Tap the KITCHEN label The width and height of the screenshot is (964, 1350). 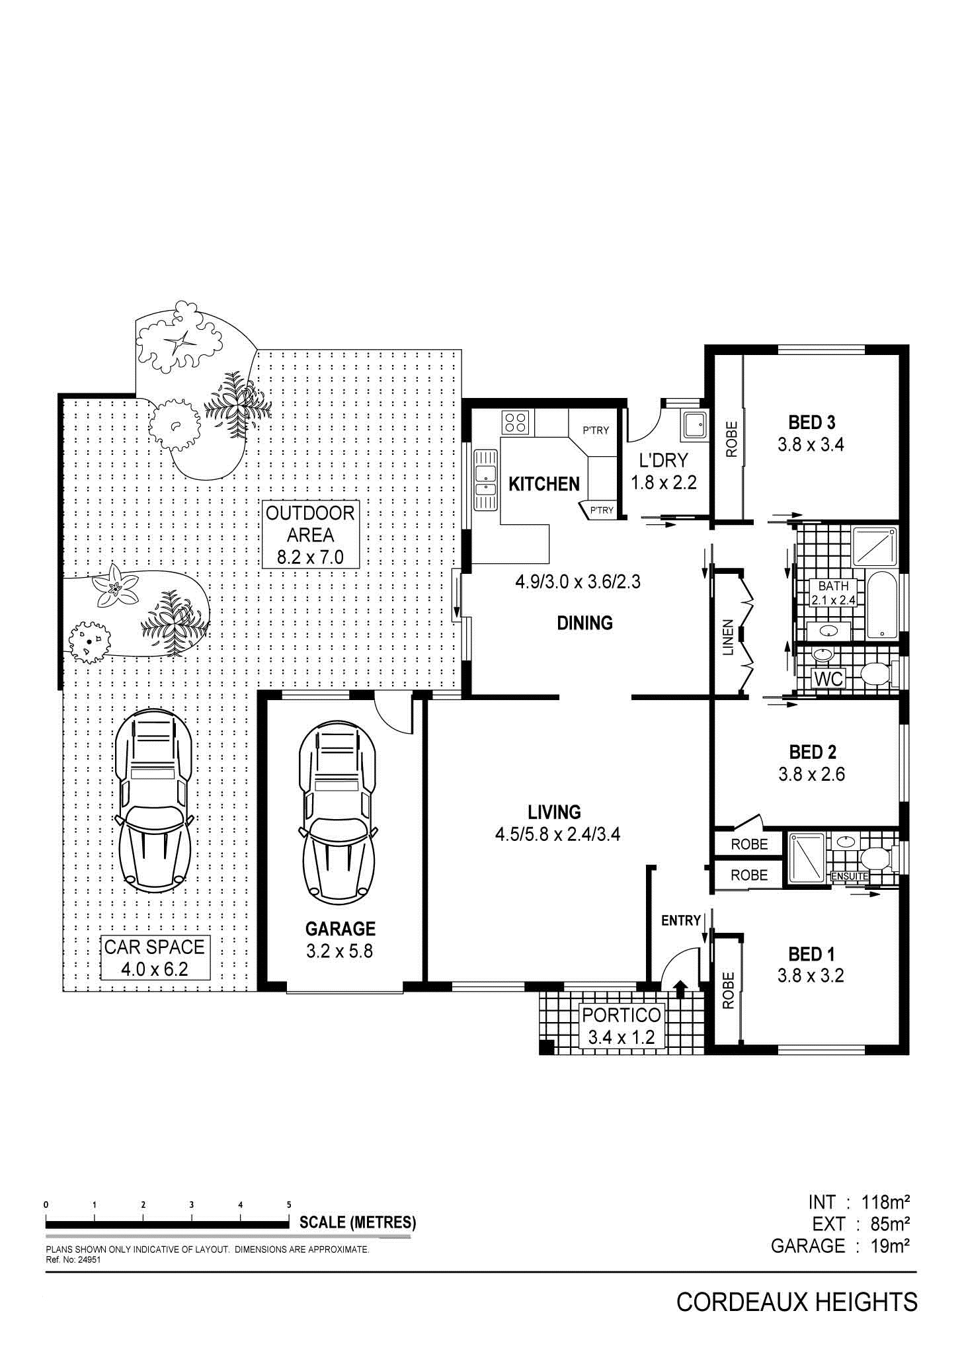point(544,484)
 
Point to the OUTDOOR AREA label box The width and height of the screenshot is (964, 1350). point(311,535)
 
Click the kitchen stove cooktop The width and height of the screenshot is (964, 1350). point(516,422)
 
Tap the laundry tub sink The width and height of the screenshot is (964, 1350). point(694,424)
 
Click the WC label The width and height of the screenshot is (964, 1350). point(829,679)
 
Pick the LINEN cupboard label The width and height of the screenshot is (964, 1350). point(728,637)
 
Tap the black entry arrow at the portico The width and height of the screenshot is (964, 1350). point(680,988)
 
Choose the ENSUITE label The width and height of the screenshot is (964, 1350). point(850,877)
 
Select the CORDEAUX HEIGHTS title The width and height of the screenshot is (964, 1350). point(797,1302)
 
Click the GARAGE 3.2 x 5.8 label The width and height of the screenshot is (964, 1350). point(341,940)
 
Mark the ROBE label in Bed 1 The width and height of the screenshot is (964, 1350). point(728,990)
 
